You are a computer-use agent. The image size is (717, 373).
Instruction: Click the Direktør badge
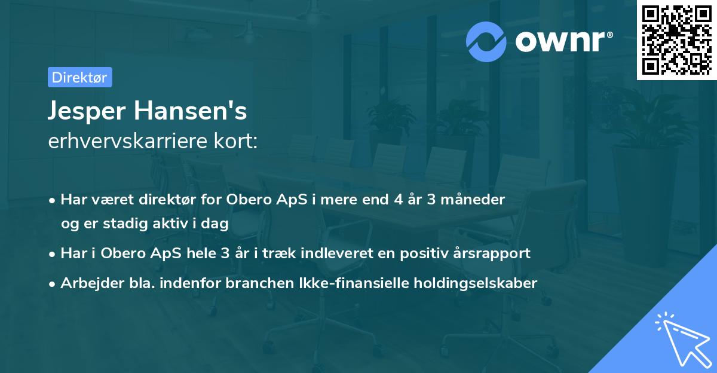79,77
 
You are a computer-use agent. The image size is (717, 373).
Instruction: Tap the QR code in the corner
676,39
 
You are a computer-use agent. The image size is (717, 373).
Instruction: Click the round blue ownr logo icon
486,41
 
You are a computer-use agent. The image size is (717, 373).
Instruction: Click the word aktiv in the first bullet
173,223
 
